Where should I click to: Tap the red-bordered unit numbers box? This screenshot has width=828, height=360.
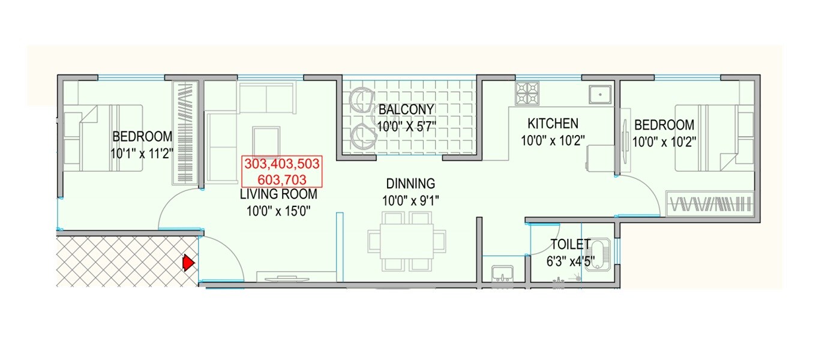click(282, 171)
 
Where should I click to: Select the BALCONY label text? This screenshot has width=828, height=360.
click(406, 109)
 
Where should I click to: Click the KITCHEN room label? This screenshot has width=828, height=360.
click(553, 124)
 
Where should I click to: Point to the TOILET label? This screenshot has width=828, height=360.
click(571, 245)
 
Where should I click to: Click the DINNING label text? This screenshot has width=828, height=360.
click(410, 184)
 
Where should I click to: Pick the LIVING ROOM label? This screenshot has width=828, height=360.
click(278, 194)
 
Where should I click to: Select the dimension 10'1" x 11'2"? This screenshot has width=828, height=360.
click(142, 153)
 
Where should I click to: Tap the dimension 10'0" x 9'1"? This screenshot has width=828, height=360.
click(410, 200)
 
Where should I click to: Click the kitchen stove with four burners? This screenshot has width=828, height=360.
click(528, 93)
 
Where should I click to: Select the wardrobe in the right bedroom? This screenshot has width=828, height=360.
click(710, 203)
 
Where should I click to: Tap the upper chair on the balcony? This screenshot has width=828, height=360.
click(362, 100)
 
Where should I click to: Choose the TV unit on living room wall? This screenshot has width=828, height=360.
click(283, 277)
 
